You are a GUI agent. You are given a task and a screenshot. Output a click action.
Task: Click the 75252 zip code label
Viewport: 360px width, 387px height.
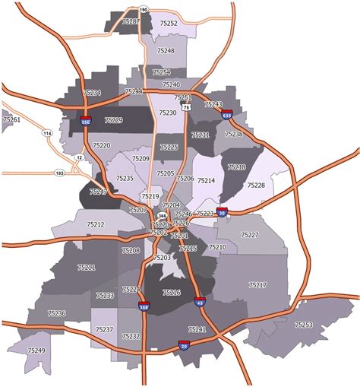pos(169,24)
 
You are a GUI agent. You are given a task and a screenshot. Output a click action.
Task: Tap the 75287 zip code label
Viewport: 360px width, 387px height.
pos(131,22)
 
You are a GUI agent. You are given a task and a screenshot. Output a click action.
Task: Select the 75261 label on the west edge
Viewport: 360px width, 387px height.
pos(11,120)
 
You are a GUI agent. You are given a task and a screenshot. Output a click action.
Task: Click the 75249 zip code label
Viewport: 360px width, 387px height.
pos(36,351)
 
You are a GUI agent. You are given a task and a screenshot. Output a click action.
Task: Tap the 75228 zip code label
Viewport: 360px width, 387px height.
pos(256,186)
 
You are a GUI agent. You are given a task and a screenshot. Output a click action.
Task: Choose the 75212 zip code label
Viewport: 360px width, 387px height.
pos(95,225)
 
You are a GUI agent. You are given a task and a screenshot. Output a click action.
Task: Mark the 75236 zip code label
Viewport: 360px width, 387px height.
pos(56,313)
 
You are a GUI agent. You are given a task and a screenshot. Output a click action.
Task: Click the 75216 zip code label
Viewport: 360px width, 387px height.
pos(172,293)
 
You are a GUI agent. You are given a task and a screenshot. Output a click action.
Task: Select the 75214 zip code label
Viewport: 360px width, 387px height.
pos(206,181)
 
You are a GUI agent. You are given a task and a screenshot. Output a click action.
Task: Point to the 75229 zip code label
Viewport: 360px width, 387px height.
pos(113,120)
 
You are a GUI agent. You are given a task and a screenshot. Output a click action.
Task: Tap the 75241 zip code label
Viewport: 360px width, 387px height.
pos(197,329)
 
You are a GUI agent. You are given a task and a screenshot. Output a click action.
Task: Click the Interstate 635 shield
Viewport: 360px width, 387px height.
pos(227,115)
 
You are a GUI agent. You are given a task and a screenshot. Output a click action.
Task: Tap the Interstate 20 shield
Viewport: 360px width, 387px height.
pos(184,346)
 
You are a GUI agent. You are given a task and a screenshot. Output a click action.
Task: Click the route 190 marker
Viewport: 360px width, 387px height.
pos(144,10)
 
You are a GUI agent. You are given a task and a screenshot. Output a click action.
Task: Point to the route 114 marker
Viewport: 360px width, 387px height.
pos(48,135)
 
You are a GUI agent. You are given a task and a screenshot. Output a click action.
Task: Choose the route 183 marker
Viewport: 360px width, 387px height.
pos(59,173)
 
